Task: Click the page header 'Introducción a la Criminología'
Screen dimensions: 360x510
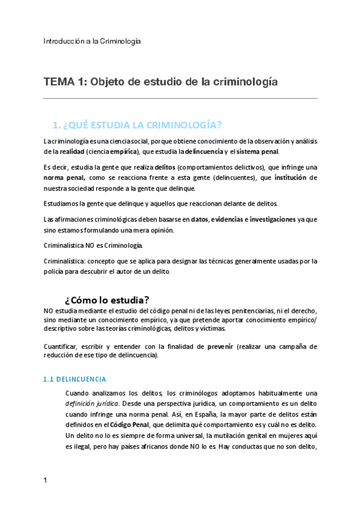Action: point(92,41)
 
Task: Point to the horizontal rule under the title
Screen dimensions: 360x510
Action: point(180,99)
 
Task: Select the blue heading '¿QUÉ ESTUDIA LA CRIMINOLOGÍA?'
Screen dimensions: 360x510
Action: point(138,125)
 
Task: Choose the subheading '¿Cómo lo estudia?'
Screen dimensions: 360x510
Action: point(106,300)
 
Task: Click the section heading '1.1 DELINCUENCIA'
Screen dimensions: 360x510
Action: point(75,379)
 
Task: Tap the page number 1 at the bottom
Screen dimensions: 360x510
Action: point(46,481)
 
